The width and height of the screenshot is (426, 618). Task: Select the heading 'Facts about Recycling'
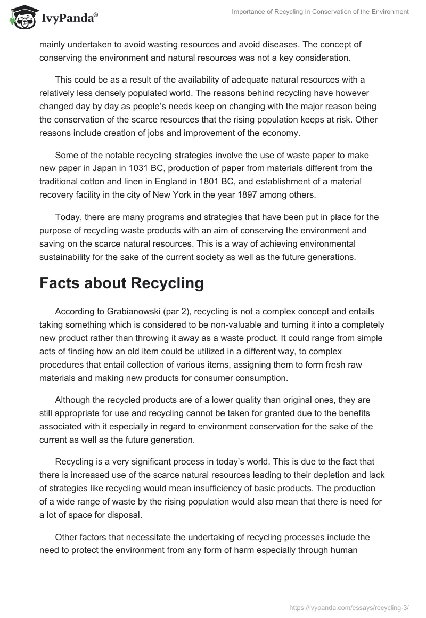121,283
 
